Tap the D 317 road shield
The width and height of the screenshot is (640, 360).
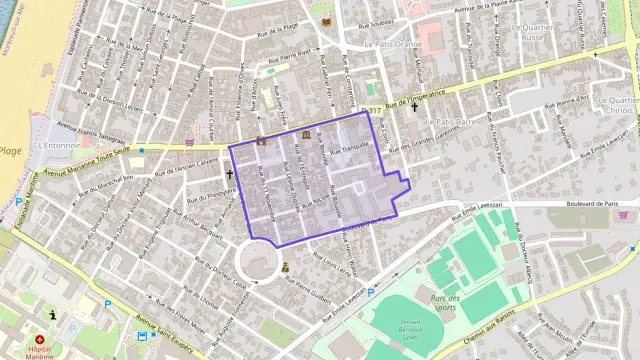[373, 111]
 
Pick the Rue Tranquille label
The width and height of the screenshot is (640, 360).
[350, 146]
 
